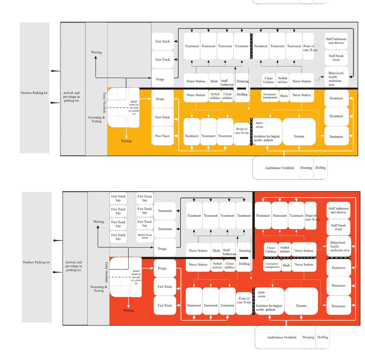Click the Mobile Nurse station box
point(145,236)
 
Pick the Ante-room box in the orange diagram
point(260,125)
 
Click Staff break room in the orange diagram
point(336,58)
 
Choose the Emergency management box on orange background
point(270,96)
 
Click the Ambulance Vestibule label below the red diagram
point(282,337)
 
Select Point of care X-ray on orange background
point(242,131)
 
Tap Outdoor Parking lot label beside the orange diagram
point(34,93)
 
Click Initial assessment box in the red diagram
point(136,277)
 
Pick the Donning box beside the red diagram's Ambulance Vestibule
point(308,337)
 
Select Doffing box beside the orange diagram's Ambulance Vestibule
point(320,168)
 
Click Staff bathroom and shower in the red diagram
point(338,211)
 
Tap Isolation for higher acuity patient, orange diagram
point(267,138)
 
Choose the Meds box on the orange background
point(284,96)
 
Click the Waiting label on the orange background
point(126,141)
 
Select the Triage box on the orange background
point(160,99)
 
